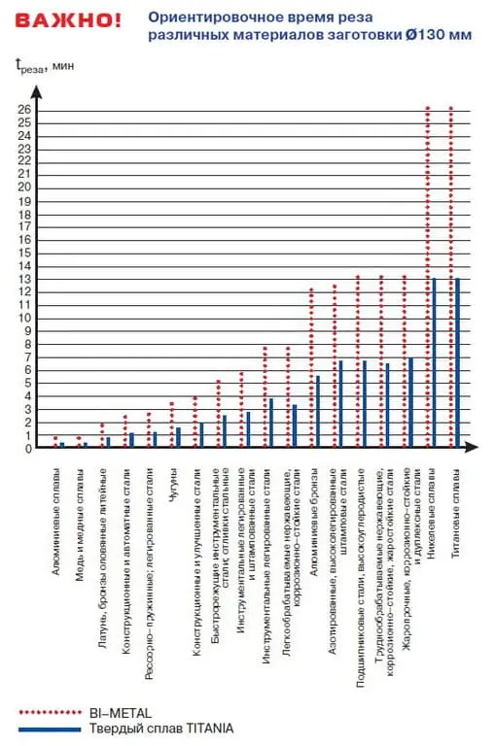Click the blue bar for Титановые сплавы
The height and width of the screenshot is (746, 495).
coord(457,363)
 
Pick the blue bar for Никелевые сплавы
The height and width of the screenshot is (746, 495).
coord(434,363)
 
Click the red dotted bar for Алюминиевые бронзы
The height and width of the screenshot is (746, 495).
coord(311,368)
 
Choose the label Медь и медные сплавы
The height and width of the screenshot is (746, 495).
coord(81,511)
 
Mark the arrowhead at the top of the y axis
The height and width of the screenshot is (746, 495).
coord(38,91)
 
